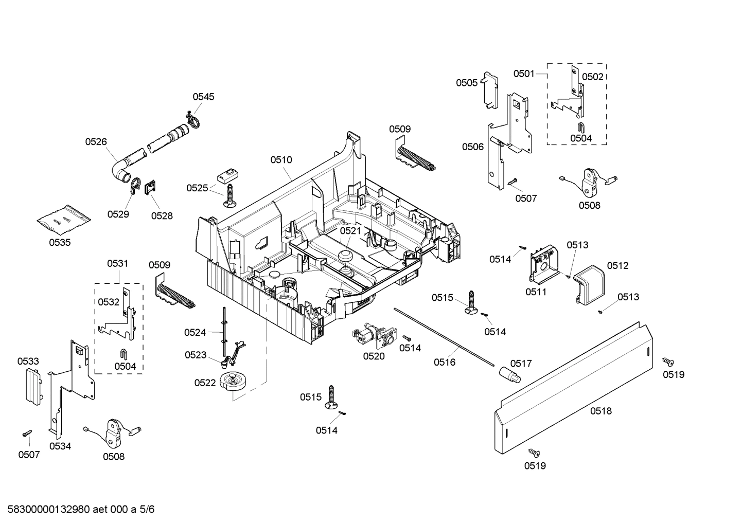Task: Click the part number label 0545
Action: [x=203, y=97]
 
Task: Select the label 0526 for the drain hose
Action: [x=96, y=141]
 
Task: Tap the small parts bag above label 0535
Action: [x=64, y=221]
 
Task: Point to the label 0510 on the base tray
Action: [x=281, y=160]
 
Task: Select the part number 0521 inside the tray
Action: [x=350, y=231]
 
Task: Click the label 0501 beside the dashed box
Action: [x=524, y=74]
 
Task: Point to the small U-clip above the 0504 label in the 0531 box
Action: [x=123, y=354]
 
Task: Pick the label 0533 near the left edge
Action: [x=28, y=362]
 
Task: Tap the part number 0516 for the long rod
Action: [x=444, y=363]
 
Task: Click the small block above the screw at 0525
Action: [x=226, y=175]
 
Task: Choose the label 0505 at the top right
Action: [x=466, y=83]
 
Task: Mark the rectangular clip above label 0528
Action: [x=150, y=188]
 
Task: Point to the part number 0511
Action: [x=536, y=292]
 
